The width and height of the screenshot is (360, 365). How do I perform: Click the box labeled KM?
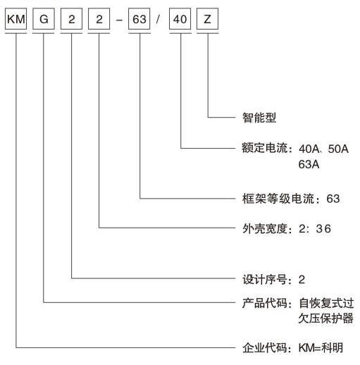(x=15, y=19)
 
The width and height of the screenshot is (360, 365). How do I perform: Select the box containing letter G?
(x=44, y=19)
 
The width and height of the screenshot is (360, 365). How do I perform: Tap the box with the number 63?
(x=139, y=19)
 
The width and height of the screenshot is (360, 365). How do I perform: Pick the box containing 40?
(x=180, y=19)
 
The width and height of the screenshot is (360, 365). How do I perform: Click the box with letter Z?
(x=208, y=19)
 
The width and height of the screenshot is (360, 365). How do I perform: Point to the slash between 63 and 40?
(x=158, y=19)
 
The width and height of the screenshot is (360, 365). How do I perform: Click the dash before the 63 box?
(x=119, y=20)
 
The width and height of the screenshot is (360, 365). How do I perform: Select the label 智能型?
(x=259, y=118)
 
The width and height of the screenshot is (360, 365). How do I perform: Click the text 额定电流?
(x=265, y=148)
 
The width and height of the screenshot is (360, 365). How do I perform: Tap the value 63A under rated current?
(x=309, y=164)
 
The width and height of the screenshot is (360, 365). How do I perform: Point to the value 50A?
(x=338, y=149)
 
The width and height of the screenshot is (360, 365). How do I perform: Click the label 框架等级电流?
(x=278, y=199)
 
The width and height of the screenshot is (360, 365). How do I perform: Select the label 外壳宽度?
(x=265, y=229)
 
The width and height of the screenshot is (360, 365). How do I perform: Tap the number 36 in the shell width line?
(x=323, y=229)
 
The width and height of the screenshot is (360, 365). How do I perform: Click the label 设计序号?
(x=265, y=280)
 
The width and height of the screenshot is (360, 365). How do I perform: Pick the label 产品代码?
(x=265, y=303)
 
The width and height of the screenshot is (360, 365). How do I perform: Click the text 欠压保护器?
(x=325, y=318)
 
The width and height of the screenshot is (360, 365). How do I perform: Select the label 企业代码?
(x=265, y=348)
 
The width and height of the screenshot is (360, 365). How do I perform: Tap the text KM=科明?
(x=321, y=348)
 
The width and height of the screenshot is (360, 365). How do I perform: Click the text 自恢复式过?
(x=326, y=303)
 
